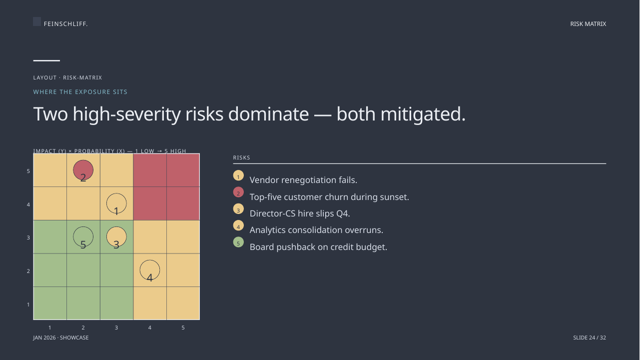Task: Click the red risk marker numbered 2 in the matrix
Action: (83, 170)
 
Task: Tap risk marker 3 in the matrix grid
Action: (116, 237)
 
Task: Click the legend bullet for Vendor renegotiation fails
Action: (238, 175)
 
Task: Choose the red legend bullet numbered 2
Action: (238, 192)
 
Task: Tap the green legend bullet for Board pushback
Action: (238, 242)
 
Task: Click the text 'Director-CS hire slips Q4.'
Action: (300, 213)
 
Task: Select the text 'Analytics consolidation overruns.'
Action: (316, 230)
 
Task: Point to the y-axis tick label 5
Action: (28, 171)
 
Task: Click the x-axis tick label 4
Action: (150, 327)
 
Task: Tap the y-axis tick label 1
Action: (28, 304)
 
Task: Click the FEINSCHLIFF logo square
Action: (37, 21)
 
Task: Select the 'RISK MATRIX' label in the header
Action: (588, 24)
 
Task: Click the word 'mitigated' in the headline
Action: (423, 114)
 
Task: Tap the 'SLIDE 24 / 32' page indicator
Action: (590, 337)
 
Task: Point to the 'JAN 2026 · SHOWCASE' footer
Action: (61, 337)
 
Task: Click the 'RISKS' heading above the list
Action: (241, 158)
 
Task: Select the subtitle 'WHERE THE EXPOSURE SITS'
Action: (80, 92)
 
